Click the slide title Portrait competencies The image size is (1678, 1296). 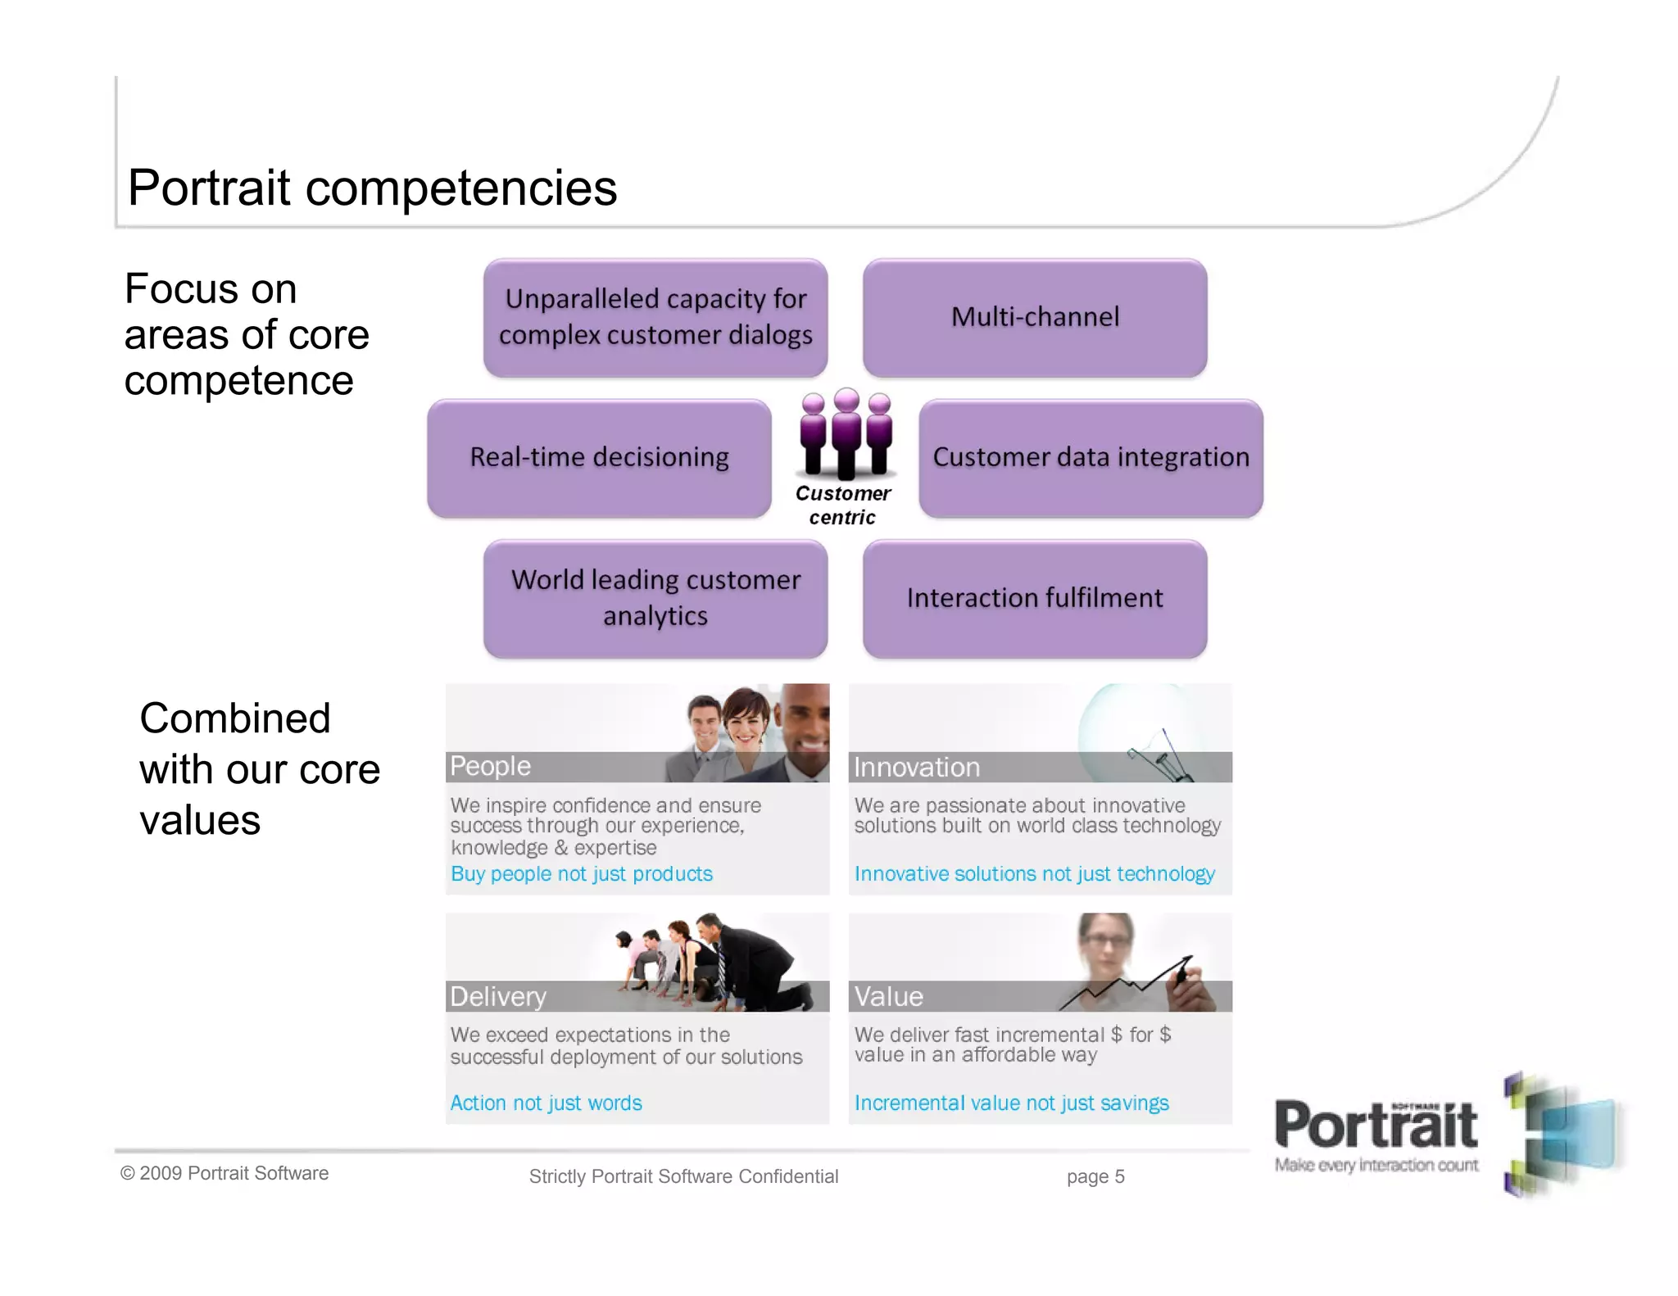(x=372, y=188)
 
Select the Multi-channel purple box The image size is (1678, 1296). (x=1034, y=318)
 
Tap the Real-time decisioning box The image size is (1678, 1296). (x=599, y=458)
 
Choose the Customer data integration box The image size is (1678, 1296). (x=1091, y=458)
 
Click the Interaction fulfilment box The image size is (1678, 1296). (x=1034, y=599)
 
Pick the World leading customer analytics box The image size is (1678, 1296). (x=655, y=599)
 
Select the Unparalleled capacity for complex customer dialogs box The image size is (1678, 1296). (x=655, y=318)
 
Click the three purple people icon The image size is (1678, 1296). (x=846, y=434)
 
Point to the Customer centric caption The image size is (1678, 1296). (x=843, y=505)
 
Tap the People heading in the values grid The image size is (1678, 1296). (x=491, y=766)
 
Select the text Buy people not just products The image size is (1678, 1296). (x=581, y=874)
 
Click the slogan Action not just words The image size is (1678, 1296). (x=546, y=1103)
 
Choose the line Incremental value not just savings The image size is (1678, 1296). (x=1011, y=1103)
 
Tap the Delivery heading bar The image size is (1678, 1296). (x=498, y=996)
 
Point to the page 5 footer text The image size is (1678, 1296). (x=1095, y=1177)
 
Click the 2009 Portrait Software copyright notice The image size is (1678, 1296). (x=224, y=1173)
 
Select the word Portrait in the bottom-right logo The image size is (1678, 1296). (x=1376, y=1126)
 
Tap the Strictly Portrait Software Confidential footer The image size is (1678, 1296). (x=683, y=1177)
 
